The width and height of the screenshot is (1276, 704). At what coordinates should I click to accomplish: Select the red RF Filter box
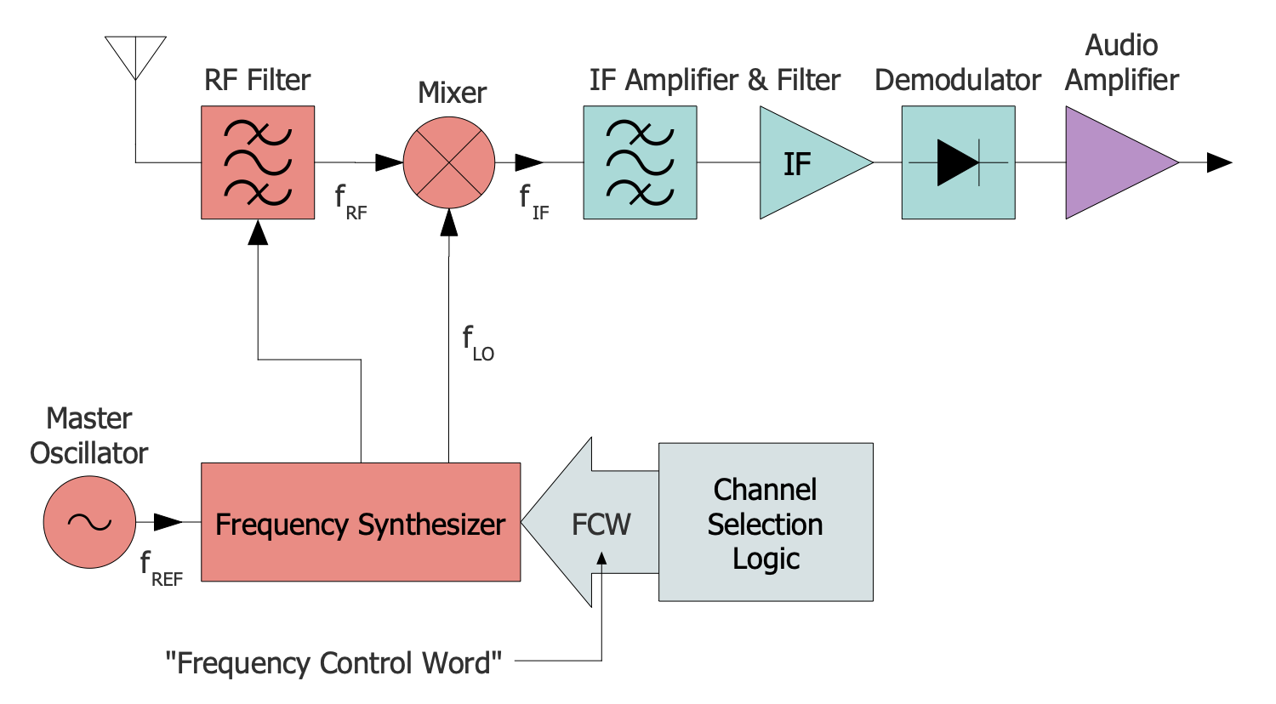[258, 162]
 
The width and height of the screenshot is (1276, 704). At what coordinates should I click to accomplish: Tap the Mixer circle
[449, 162]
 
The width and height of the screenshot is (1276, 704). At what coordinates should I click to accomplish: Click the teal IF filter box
[640, 162]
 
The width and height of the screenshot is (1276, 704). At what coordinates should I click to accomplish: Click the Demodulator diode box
[958, 162]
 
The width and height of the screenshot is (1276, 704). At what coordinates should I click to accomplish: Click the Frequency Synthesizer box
[361, 522]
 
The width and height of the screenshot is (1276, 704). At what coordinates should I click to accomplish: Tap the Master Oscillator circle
[89, 522]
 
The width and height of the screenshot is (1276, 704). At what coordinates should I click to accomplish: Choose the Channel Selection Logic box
[766, 522]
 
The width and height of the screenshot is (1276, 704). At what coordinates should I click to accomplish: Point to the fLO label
[477, 342]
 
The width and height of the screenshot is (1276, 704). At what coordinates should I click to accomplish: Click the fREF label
[161, 568]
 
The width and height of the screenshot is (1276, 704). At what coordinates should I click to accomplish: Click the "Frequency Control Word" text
[333, 662]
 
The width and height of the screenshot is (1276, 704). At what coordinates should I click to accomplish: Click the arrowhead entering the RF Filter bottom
[258, 232]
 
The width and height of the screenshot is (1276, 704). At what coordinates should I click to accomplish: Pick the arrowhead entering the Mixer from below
[449, 222]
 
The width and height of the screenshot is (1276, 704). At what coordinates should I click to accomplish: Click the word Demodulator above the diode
[957, 80]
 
